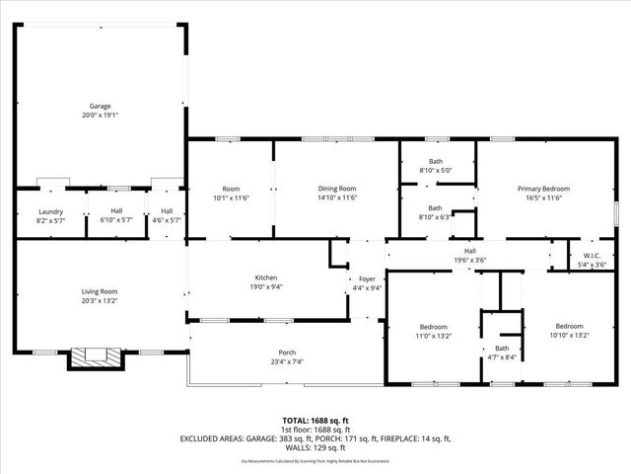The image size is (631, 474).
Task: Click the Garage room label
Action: tap(100, 106)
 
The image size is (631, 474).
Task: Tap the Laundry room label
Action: tap(50, 211)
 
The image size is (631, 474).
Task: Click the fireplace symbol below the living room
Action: tap(96, 356)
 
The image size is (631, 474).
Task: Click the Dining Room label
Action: tap(336, 188)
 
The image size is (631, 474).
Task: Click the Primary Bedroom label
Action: tap(544, 188)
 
